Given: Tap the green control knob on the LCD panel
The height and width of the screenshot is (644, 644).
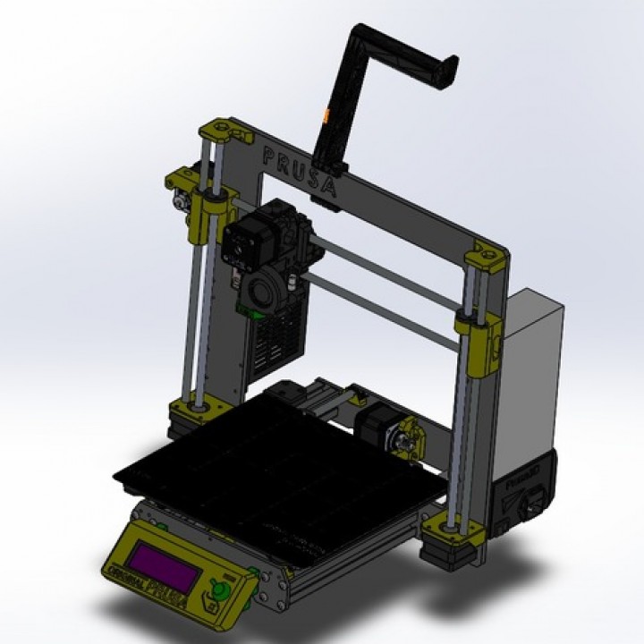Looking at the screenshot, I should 216,591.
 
